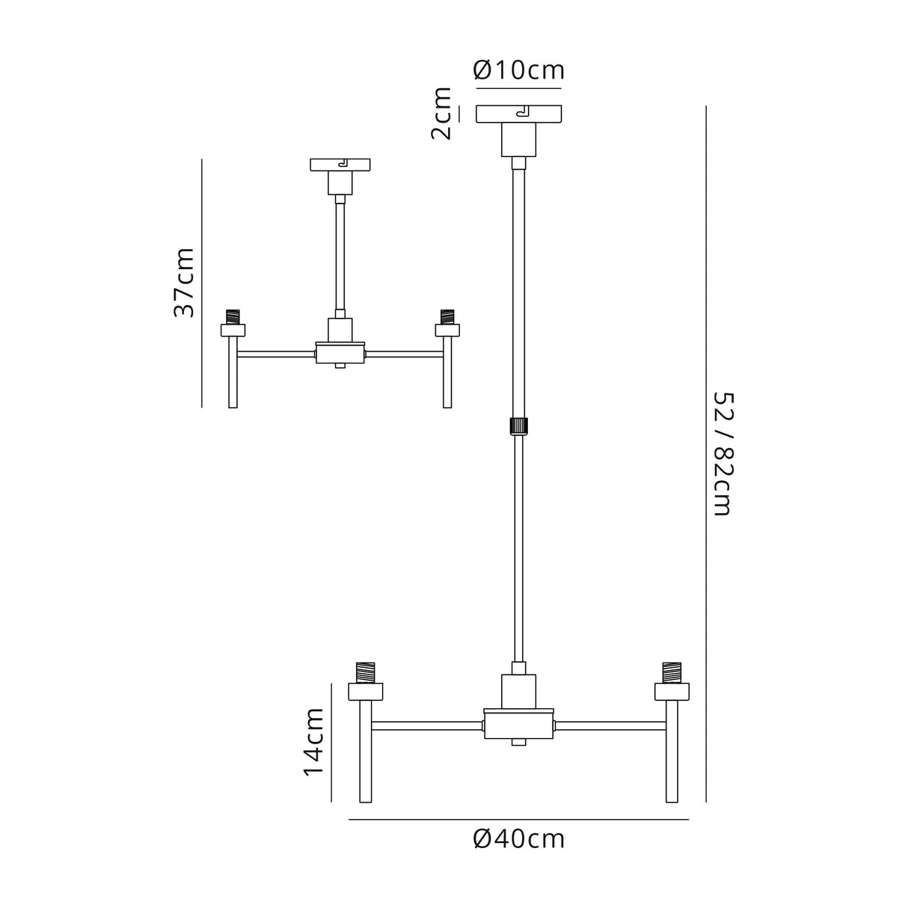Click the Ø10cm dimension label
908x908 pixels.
tap(518, 70)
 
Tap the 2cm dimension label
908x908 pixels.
tap(441, 114)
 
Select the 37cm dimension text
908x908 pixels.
tap(184, 283)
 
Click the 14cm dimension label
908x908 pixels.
tap(313, 741)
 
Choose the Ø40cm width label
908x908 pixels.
tap(518, 839)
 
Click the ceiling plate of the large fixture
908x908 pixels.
tap(518, 114)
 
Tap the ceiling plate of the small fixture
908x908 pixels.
tap(340, 164)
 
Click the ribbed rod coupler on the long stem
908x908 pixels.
tap(518, 426)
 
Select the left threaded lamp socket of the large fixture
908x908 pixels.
tap(366, 672)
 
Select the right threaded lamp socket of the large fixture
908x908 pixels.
tap(672, 672)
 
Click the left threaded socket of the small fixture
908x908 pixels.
tap(233, 316)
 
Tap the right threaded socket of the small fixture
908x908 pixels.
tap(447, 316)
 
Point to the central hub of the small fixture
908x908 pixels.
tap(340, 353)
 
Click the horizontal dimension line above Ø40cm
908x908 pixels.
tap(518, 820)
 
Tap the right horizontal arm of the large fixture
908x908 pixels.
tap(610, 725)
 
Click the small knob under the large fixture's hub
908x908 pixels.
tap(518, 742)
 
